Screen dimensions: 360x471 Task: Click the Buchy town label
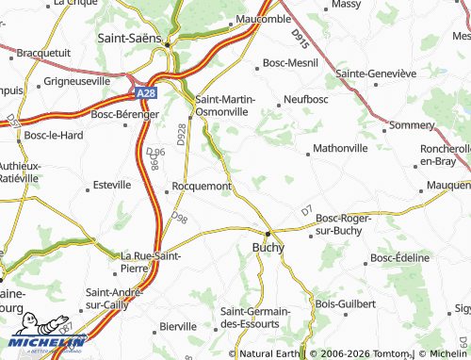268,247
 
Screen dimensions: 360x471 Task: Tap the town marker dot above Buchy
268,233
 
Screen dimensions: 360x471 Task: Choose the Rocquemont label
202,187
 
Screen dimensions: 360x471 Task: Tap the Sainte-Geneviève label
376,73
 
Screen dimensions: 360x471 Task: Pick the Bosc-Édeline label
399,257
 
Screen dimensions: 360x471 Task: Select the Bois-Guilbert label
346,303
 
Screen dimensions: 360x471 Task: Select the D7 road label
306,211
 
